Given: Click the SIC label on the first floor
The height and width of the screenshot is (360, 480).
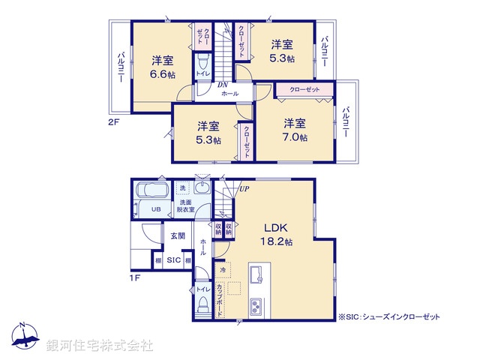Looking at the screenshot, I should pyautogui.click(x=172, y=260).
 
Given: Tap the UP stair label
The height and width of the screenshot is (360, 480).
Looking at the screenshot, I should pyautogui.click(x=244, y=188).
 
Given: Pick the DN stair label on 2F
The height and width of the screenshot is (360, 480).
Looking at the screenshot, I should pyautogui.click(x=223, y=85).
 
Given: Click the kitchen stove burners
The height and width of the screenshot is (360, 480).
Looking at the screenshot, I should pyautogui.click(x=255, y=306).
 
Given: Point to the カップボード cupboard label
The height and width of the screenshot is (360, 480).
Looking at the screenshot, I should pyautogui.click(x=220, y=298).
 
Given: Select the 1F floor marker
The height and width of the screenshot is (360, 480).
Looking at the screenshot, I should pyautogui.click(x=136, y=278).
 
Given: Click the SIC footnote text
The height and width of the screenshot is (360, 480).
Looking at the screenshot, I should pyautogui.click(x=390, y=316).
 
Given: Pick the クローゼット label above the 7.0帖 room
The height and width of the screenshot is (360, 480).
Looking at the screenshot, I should pyautogui.click(x=303, y=90).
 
